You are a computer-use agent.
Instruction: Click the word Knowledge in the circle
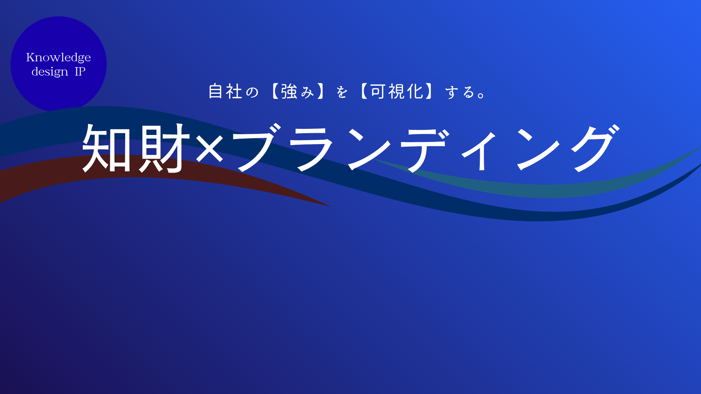coord(58,58)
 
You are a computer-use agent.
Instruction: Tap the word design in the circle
coord(50,72)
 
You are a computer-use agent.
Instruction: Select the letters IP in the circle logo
coord(80,71)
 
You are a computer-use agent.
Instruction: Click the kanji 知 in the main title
coord(107,147)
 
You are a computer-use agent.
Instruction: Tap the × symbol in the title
coord(210,148)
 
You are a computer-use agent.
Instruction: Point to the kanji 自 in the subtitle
coord(215,91)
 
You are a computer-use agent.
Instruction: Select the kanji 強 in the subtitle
coord(289,91)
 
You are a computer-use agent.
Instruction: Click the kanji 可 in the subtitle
coord(378,91)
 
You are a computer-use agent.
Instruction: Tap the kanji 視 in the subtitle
coord(397,91)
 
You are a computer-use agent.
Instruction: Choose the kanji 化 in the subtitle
coord(415,91)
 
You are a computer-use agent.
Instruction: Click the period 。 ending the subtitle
coord(482,96)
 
